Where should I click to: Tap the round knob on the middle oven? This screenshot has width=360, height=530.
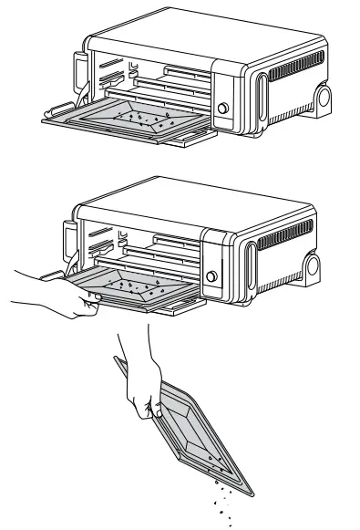tap(212, 276)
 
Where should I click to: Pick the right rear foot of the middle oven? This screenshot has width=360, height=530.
tap(313, 270)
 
